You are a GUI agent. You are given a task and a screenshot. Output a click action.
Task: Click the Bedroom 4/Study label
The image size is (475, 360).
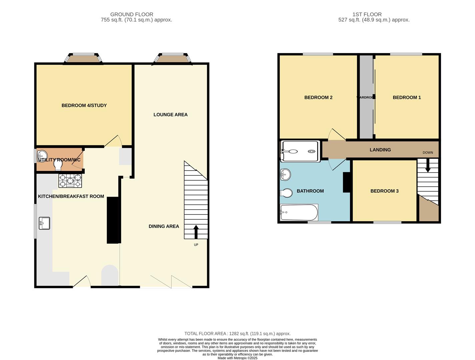[84, 105]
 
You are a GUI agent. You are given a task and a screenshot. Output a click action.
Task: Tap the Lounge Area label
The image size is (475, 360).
[170, 114]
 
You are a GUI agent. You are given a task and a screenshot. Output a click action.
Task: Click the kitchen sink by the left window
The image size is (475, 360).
[44, 223]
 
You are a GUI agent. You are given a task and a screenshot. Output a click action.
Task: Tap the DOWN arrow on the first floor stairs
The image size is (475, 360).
[428, 165]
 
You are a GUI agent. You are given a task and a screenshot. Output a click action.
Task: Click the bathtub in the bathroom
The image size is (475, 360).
[299, 213]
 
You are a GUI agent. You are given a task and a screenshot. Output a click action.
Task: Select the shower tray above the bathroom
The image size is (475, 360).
[301, 151]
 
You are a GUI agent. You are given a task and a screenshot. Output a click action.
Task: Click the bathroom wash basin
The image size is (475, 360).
[285, 174]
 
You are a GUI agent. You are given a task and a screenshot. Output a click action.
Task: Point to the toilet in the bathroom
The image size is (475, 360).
[286, 193]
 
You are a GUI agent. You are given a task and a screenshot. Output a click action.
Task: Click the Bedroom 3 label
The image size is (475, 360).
[384, 191]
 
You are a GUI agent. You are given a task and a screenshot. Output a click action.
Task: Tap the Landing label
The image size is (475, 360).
[380, 150]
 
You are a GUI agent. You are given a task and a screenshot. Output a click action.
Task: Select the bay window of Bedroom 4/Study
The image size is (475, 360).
[83, 59]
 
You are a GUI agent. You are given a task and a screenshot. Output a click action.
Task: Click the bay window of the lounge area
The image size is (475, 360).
[173, 59]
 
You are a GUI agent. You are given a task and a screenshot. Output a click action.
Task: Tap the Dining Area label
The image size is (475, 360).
[164, 226]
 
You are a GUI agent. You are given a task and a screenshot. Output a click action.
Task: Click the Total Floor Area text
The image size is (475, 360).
[237, 333]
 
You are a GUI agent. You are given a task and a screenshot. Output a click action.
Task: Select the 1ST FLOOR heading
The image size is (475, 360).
[367, 14]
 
